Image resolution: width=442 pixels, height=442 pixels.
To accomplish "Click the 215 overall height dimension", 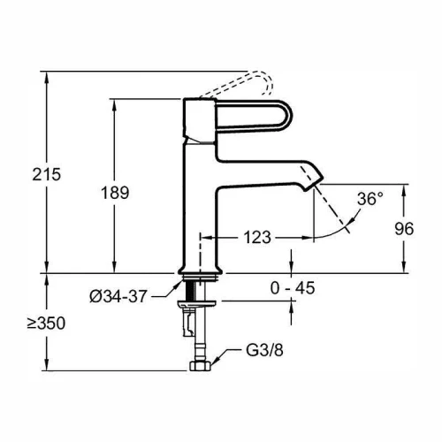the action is point(47,174).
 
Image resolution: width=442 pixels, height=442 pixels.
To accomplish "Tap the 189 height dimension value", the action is point(115,193).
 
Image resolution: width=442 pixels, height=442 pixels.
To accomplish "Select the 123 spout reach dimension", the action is point(257,237).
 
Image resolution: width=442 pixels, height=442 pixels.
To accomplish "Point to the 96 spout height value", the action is point(404,229).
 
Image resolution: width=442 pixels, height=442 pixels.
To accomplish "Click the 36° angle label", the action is point(370,199).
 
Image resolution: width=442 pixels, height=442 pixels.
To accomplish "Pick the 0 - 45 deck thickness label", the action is point(293,288).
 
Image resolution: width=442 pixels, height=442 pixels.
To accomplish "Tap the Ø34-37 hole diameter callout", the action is point(118,296).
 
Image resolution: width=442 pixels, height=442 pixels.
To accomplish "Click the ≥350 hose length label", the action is point(46,324).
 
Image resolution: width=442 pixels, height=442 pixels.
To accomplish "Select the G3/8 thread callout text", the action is point(264,350).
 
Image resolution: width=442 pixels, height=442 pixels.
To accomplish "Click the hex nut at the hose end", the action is point(200,366).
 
